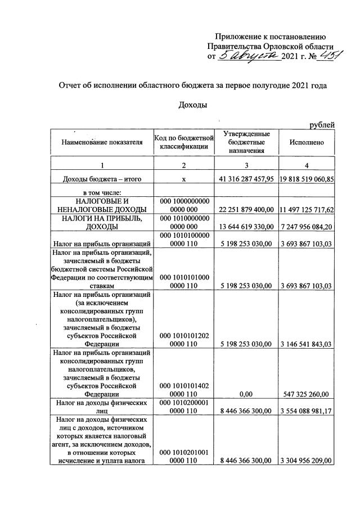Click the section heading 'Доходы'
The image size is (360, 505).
[x=192, y=105]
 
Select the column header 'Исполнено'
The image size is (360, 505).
[x=307, y=143]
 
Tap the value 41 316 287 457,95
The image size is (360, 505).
[x=246, y=179]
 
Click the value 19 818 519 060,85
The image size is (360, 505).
[x=307, y=179]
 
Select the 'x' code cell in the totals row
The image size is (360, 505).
[x=184, y=179]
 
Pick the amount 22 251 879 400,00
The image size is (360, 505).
[x=246, y=210]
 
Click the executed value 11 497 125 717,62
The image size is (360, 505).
[x=307, y=210]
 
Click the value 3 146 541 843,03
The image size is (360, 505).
[x=307, y=344]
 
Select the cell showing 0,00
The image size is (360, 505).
[x=246, y=394]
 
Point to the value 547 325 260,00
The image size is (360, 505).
[x=307, y=394]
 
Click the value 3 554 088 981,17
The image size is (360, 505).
[x=307, y=411]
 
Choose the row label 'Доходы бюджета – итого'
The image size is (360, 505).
[x=101, y=179]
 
